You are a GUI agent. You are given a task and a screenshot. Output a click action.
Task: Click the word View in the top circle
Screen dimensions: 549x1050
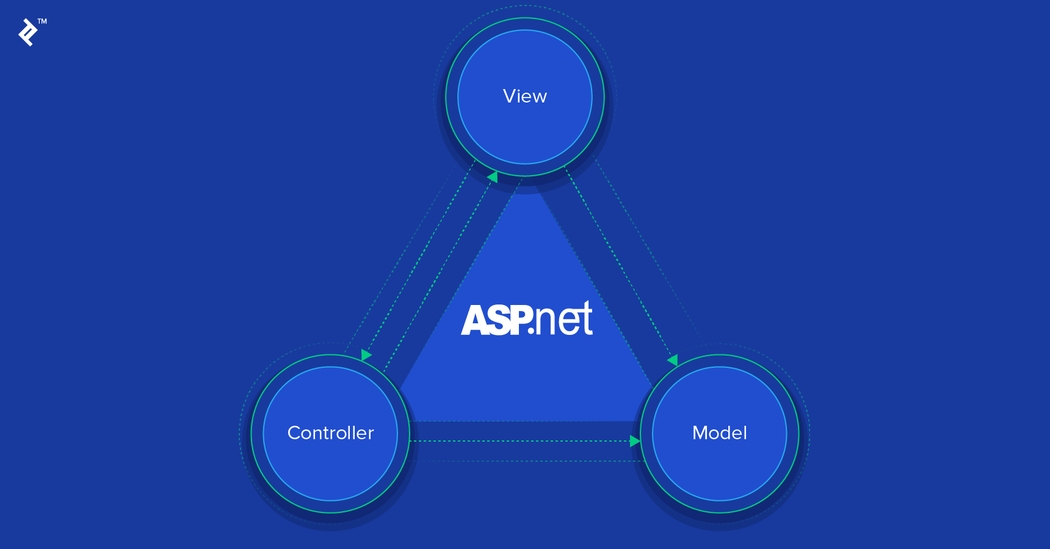pyautogui.click(x=525, y=96)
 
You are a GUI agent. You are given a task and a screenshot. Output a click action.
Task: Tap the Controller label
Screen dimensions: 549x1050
pyautogui.click(x=330, y=433)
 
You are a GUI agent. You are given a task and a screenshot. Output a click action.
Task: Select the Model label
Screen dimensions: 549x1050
pyautogui.click(x=719, y=433)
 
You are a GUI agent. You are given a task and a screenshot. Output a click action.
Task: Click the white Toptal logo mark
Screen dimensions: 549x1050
pyautogui.click(x=27, y=32)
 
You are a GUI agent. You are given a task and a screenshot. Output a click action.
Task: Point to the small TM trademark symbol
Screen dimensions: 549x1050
pyautogui.click(x=42, y=21)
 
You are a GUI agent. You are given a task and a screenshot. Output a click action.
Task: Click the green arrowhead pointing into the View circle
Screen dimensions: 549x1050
pyautogui.click(x=493, y=177)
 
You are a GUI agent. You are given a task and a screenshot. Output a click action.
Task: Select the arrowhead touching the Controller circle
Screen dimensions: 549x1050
pyautogui.click(x=366, y=354)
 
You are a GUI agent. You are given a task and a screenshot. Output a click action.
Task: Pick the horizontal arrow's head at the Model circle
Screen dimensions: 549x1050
pyautogui.click(x=635, y=441)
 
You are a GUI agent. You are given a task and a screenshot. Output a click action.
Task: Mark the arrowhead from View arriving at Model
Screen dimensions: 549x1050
pyautogui.click(x=673, y=360)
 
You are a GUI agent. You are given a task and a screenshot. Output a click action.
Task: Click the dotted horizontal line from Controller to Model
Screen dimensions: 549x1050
pyautogui.click(x=519, y=441)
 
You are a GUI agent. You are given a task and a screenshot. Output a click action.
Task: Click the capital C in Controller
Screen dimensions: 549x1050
pyautogui.click(x=294, y=433)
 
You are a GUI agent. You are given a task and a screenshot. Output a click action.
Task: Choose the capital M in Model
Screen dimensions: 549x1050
pyautogui.click(x=700, y=433)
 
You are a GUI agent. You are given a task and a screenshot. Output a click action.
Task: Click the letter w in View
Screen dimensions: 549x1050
pyautogui.click(x=539, y=98)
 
